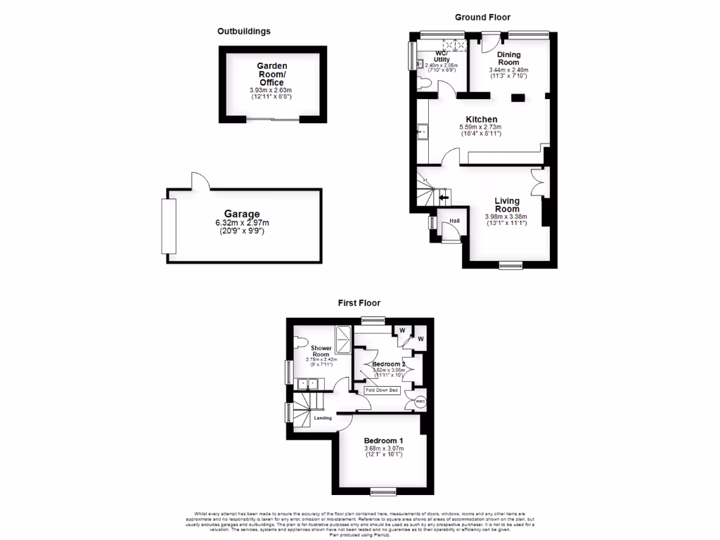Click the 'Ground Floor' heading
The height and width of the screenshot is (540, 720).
[x=482, y=17]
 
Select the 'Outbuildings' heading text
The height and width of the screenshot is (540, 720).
[x=244, y=31]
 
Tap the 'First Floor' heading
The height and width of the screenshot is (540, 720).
[x=359, y=303]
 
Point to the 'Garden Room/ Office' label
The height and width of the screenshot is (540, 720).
[x=271, y=74]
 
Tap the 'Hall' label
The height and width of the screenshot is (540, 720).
[x=455, y=221]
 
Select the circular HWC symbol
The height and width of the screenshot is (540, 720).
[x=420, y=401]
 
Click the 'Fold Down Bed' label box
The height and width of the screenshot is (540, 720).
[x=382, y=390]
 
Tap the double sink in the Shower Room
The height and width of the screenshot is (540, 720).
[x=308, y=383]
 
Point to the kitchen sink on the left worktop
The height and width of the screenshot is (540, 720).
[x=423, y=131]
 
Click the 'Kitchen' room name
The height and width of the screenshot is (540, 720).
[x=481, y=120]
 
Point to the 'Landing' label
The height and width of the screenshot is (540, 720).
[x=323, y=418]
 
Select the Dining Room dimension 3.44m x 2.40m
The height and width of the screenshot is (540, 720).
[x=508, y=70]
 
